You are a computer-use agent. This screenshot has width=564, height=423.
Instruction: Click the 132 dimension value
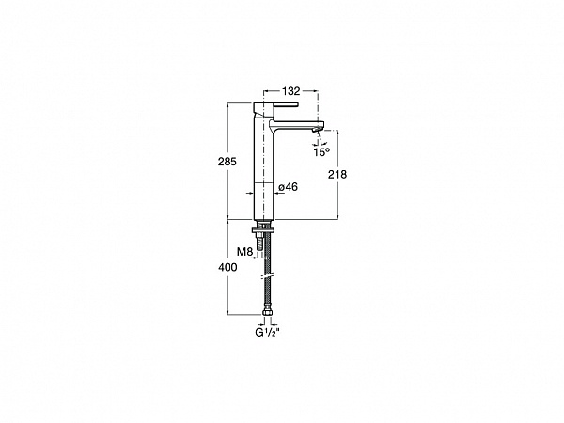(x=291, y=91)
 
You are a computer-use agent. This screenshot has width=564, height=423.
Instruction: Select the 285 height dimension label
(x=227, y=162)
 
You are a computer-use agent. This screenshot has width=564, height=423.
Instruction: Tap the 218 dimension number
(x=337, y=175)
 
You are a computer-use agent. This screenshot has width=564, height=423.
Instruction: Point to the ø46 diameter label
(x=289, y=187)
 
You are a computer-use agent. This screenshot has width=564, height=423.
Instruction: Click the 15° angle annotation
(x=321, y=151)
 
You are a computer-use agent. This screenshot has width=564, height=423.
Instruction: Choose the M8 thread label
(x=244, y=251)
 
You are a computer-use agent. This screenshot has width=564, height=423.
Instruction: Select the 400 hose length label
(x=227, y=267)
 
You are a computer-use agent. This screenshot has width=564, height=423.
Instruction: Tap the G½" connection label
(x=267, y=333)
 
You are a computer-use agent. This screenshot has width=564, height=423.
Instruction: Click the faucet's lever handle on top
(x=276, y=106)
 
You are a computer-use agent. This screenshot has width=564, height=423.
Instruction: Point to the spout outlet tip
(x=317, y=131)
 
